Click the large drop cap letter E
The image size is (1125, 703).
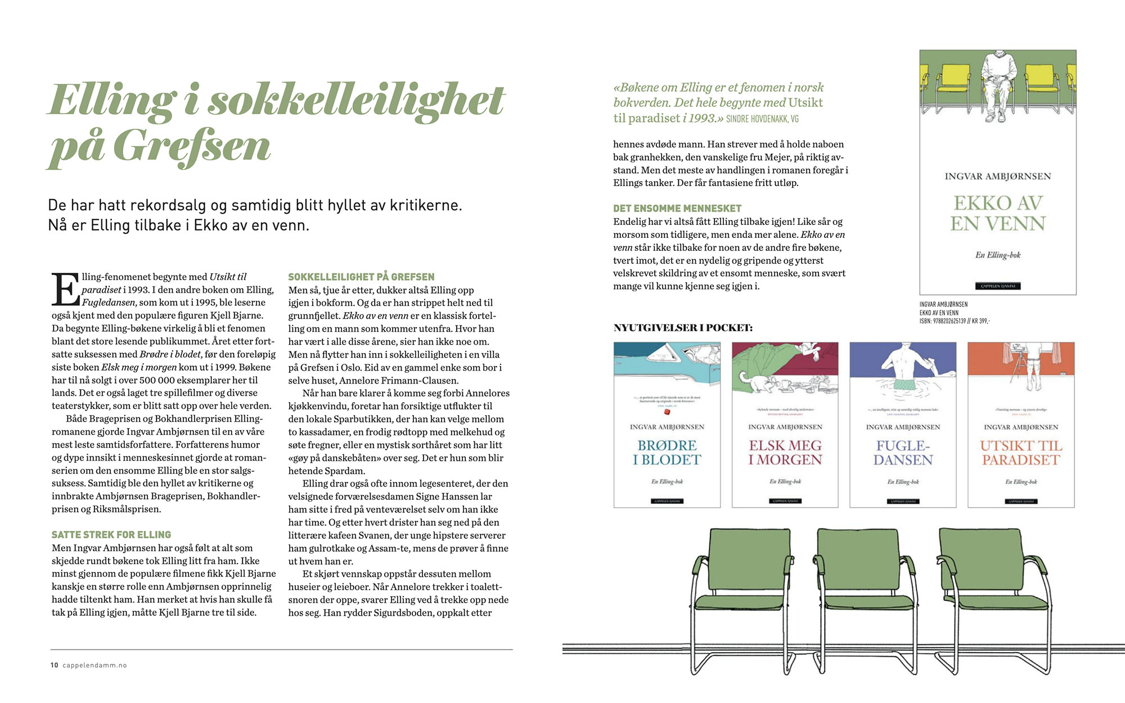pyautogui.click(x=65, y=289)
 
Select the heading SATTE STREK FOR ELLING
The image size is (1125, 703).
pyautogui.click(x=111, y=535)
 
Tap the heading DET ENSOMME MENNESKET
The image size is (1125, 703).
pyautogui.click(x=677, y=208)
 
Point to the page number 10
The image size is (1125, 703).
pyautogui.click(x=54, y=665)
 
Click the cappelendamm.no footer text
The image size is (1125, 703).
pyautogui.click(x=94, y=665)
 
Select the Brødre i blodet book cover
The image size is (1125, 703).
pyautogui.click(x=667, y=425)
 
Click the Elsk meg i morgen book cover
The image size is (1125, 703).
pyautogui.click(x=785, y=425)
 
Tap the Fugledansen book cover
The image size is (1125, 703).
pyautogui.click(x=903, y=425)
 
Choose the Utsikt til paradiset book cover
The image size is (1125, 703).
pyautogui.click(x=1021, y=425)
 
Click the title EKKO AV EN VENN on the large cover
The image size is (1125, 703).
pyautogui.click(x=998, y=213)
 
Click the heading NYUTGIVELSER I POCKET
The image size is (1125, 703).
pyautogui.click(x=683, y=328)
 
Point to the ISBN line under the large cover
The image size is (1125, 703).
pyautogui.click(x=955, y=321)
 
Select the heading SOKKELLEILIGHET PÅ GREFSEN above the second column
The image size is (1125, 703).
pyautogui.click(x=361, y=277)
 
